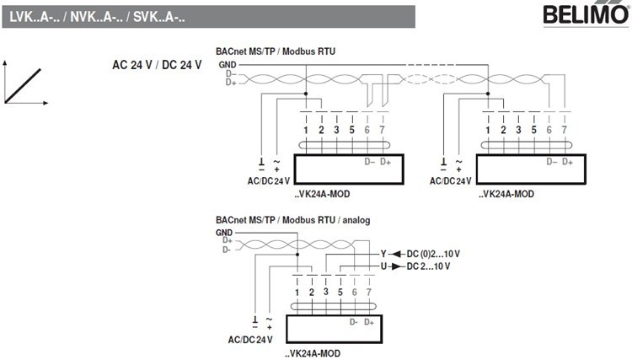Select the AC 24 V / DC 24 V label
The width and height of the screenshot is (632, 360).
click(157, 66)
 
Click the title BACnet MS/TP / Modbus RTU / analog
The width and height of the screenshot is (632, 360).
click(292, 220)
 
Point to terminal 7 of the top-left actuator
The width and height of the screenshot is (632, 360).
click(382, 130)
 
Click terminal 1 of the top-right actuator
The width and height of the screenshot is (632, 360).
click(488, 130)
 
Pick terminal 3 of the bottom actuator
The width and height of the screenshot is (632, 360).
click(325, 291)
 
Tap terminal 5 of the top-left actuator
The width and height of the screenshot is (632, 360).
click(351, 130)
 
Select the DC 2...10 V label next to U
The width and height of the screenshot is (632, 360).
click(428, 266)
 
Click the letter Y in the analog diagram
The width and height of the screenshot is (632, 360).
click(383, 254)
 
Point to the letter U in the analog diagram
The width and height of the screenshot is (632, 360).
click(383, 266)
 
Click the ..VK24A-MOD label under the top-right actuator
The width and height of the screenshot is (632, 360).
click(506, 193)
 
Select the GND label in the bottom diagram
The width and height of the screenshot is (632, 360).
click(224, 232)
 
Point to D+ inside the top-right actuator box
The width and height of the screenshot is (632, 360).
click(566, 161)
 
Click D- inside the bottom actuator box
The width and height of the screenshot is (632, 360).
click(354, 322)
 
